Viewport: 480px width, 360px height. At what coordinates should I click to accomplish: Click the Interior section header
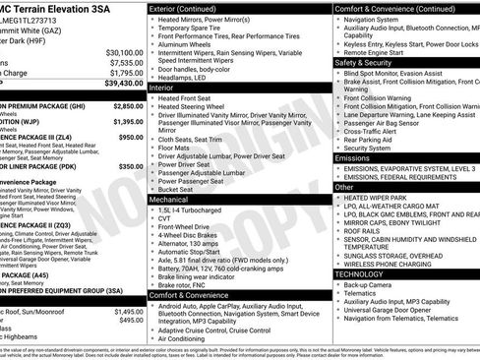pos(161,88)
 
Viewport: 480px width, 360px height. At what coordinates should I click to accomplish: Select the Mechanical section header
pos(168,198)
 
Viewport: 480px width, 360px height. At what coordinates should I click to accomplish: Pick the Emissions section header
pos(352,157)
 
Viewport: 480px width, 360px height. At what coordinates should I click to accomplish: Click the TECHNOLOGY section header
pos(362,273)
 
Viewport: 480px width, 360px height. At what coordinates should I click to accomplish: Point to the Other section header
pos(343,186)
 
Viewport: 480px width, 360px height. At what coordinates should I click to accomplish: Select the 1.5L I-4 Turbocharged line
pos(199,210)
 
